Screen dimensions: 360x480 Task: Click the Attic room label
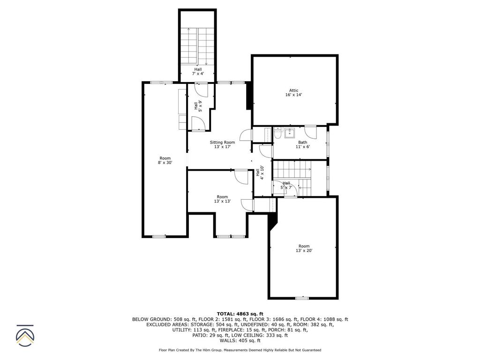(x=293, y=93)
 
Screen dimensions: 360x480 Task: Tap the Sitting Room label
(x=222, y=144)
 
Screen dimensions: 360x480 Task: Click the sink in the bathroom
(x=290, y=132)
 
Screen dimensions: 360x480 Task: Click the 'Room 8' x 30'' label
(x=165, y=160)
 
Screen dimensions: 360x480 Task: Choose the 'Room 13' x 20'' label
(x=304, y=248)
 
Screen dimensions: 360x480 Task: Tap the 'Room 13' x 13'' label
(x=222, y=199)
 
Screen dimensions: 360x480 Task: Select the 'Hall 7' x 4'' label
(x=198, y=71)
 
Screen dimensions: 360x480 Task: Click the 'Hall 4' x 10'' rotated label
(x=260, y=172)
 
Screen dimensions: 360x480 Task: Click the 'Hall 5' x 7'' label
(x=286, y=185)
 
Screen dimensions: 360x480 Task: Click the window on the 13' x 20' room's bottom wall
(x=302, y=298)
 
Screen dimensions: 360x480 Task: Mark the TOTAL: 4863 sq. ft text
(x=240, y=314)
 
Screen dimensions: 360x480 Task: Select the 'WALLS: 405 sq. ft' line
(x=240, y=341)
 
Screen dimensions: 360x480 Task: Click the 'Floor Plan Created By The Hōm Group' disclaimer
(x=240, y=350)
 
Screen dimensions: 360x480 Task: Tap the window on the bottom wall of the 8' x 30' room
(x=159, y=237)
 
